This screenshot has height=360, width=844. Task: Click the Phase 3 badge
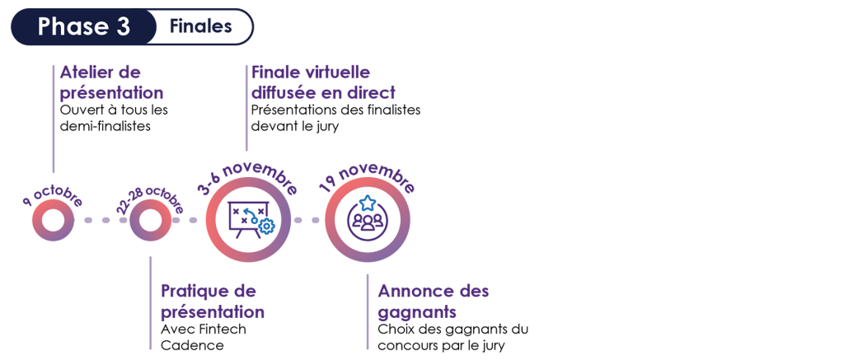click(x=83, y=26)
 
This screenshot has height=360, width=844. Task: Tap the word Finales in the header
click(x=201, y=26)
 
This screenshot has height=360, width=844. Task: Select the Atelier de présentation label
click(x=111, y=82)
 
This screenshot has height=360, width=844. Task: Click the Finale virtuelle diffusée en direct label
click(x=322, y=82)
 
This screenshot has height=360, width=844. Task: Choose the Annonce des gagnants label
click(x=433, y=302)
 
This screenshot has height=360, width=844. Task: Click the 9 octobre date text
click(x=53, y=199)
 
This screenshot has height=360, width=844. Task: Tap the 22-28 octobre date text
click(x=150, y=198)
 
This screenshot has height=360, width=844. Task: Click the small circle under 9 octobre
click(x=54, y=221)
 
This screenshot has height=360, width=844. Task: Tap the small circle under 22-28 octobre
click(x=149, y=221)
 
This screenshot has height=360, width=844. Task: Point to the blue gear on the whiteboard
click(x=265, y=225)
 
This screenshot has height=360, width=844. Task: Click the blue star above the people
click(x=367, y=202)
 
